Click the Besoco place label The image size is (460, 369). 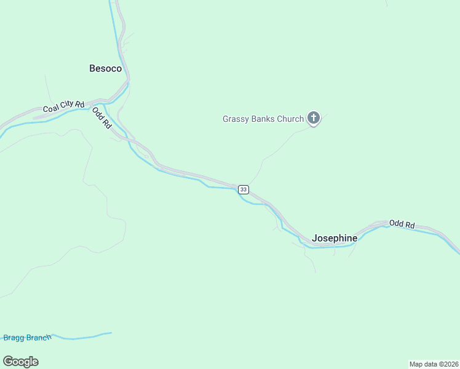tap(106, 68)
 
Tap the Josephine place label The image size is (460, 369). tap(335, 238)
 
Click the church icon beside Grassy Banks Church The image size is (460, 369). tap(314, 119)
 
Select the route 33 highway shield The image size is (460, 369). tap(244, 189)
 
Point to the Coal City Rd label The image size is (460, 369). tap(63, 107)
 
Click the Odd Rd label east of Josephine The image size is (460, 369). tap(402, 224)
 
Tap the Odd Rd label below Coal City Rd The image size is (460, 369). tap(102, 117)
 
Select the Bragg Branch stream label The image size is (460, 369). tap(26, 337)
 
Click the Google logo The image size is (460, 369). tap(20, 362)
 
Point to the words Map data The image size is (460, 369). tap(422, 364)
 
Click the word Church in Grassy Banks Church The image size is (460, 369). tap(291, 119)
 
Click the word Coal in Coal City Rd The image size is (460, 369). tap(51, 109)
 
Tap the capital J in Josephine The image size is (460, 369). tap(315, 238)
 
